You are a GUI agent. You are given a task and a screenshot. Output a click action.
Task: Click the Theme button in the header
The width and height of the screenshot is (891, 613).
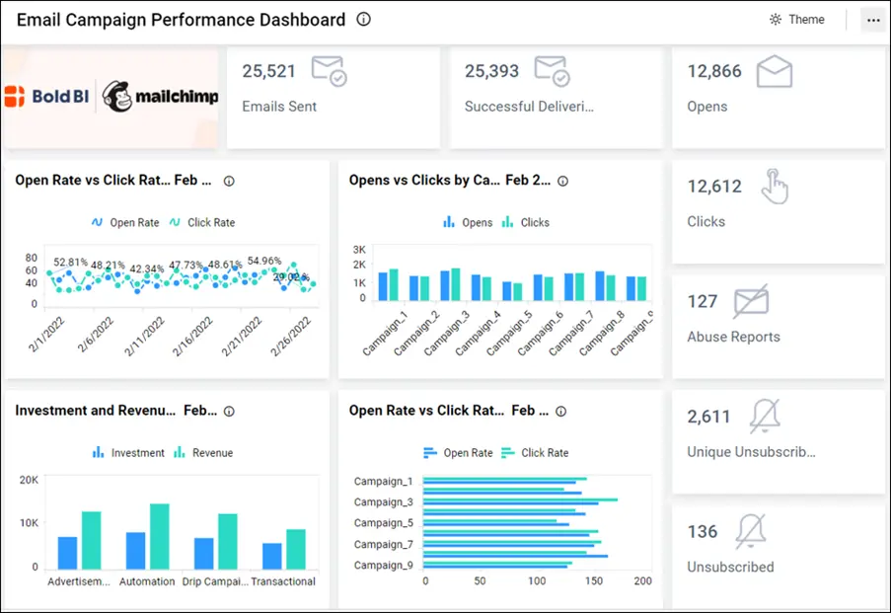click(797, 20)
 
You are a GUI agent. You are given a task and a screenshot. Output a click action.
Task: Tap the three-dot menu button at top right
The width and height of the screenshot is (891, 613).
click(872, 20)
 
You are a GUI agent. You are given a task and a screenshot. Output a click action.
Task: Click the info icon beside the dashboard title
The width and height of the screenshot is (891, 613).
click(363, 20)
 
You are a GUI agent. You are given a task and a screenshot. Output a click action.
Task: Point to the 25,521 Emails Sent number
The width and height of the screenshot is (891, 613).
click(268, 71)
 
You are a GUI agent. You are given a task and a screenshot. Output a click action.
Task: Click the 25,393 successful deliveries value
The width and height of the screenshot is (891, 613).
click(491, 71)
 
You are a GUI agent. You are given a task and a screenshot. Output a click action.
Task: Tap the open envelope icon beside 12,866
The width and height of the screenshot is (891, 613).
click(775, 72)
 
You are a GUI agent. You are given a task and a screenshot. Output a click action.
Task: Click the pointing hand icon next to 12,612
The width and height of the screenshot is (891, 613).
click(776, 187)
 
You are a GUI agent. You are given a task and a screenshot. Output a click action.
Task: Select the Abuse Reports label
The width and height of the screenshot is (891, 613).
click(733, 337)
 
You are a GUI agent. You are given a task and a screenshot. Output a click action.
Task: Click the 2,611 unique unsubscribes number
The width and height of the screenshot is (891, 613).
click(708, 417)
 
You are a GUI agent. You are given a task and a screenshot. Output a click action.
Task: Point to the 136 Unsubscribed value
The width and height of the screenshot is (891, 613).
click(703, 532)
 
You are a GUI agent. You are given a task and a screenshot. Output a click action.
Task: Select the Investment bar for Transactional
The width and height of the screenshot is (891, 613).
click(271, 556)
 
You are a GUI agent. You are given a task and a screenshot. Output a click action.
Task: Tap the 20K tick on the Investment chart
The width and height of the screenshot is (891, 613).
click(29, 480)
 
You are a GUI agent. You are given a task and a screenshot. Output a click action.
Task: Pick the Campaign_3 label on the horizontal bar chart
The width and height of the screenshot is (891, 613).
click(384, 502)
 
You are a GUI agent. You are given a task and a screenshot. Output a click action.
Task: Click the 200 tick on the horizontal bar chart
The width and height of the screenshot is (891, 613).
click(642, 581)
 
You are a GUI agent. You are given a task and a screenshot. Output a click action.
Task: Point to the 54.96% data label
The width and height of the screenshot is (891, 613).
click(264, 262)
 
